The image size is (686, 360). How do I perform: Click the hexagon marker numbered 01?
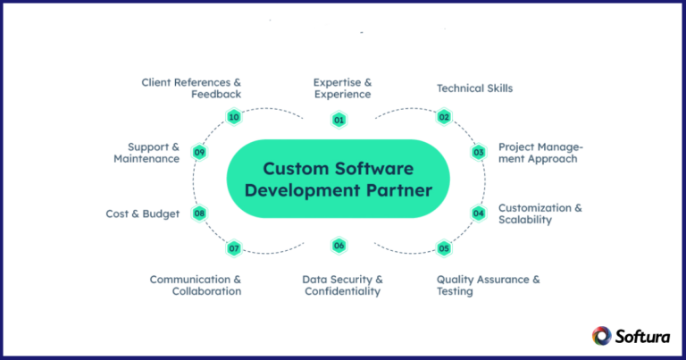(x=339, y=120)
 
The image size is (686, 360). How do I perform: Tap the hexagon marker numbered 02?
(x=444, y=116)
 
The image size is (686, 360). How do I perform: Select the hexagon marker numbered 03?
(x=479, y=152)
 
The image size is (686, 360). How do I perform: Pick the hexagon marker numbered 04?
(x=479, y=213)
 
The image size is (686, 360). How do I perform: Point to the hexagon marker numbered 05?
(x=444, y=247)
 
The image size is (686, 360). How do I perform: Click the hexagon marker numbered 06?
(x=339, y=246)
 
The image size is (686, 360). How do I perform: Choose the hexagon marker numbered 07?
(x=234, y=247)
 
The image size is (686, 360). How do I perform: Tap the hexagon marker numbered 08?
(x=199, y=213)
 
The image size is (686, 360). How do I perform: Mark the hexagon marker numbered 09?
(x=199, y=153)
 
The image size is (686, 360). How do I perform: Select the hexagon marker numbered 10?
(x=234, y=117)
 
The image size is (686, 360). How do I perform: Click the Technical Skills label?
(x=474, y=88)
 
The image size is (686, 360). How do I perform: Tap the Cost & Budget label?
(x=143, y=213)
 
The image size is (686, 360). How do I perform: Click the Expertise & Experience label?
(x=342, y=88)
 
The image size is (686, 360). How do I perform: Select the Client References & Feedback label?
(x=191, y=88)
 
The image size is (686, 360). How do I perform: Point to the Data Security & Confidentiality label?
(x=342, y=285)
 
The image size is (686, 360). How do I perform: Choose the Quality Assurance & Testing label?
(x=488, y=285)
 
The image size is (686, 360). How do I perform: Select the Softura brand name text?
(x=640, y=336)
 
